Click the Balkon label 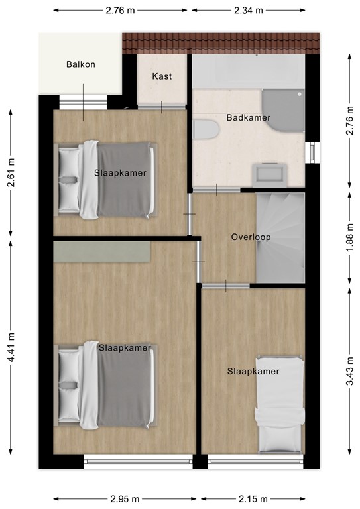[x=81, y=64]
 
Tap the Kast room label [x=162, y=76]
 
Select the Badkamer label [x=249, y=118]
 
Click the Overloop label [x=251, y=237]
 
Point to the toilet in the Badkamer [x=206, y=129]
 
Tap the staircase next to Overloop [x=280, y=237]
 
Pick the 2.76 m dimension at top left [x=121, y=10]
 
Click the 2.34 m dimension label [x=249, y=10]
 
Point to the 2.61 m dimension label [x=11, y=172]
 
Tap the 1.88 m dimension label [x=349, y=237]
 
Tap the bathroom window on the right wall [x=309, y=152]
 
